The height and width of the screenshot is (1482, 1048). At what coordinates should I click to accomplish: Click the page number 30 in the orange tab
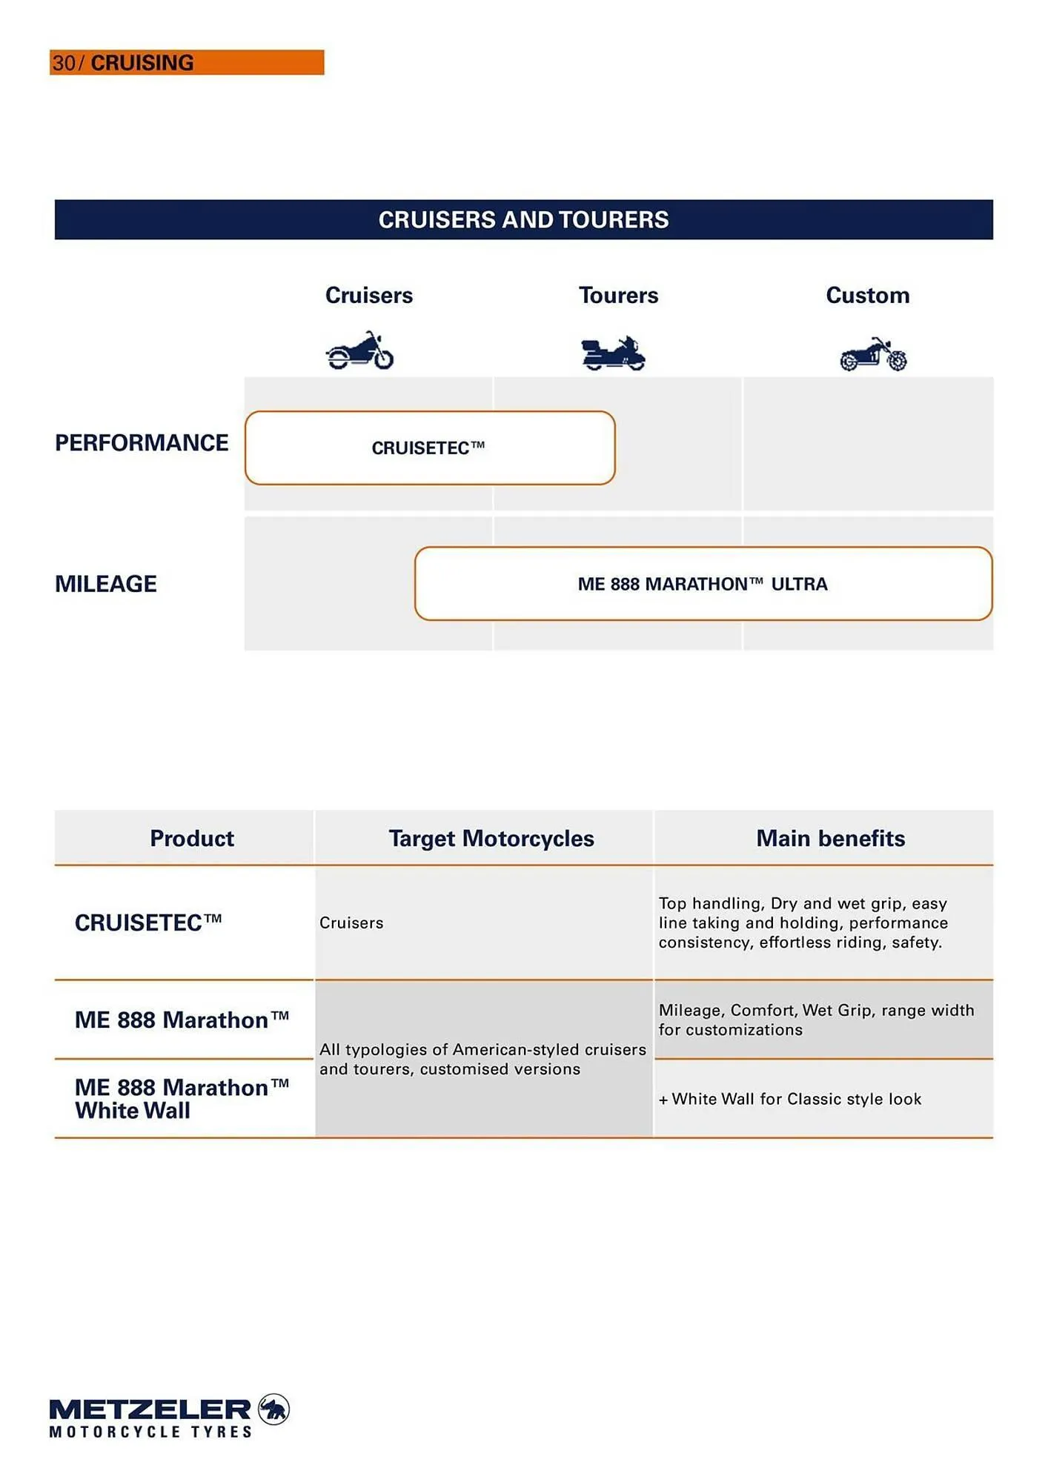[63, 63]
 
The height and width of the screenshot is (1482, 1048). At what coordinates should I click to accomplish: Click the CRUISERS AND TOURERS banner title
[523, 219]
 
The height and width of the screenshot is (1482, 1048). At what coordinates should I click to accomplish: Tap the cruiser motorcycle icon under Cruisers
[359, 351]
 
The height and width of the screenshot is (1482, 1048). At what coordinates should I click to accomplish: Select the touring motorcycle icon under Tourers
[613, 353]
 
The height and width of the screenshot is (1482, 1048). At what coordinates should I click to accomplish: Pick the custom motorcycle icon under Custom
[873, 354]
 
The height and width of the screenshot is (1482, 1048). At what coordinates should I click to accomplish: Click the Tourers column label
[618, 295]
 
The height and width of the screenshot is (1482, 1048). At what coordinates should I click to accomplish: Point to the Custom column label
[867, 295]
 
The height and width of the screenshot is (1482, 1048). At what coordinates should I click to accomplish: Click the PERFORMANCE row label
[142, 442]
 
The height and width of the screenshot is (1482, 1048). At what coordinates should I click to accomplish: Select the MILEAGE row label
[106, 584]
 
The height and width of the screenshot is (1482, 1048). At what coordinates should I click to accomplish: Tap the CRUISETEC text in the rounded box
[428, 448]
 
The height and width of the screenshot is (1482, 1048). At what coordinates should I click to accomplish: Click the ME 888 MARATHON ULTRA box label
[702, 584]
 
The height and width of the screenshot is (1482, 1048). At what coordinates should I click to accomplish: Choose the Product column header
[192, 838]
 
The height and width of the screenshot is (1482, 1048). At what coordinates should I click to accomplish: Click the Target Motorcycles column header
[491, 838]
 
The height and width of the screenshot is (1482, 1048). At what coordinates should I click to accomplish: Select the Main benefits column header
[830, 838]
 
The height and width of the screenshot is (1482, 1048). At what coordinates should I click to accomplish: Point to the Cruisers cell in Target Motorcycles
[351, 923]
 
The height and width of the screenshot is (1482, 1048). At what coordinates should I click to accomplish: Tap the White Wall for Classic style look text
[790, 1099]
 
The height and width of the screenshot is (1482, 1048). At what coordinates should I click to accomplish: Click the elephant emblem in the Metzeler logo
[273, 1409]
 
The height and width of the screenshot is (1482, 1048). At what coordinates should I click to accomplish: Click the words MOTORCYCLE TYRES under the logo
[150, 1432]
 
